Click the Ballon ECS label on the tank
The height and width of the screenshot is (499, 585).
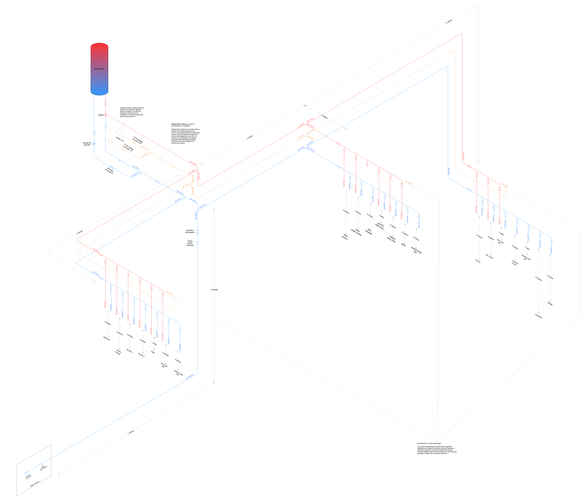pos(99,69)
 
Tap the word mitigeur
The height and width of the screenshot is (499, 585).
pos(101,115)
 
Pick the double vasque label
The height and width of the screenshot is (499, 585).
pos(118,352)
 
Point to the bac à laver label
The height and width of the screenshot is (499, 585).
pos(490,256)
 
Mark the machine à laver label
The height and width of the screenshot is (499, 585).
pos(515,263)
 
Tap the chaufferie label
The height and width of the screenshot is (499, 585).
pos(538,316)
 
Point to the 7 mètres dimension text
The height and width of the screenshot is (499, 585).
pos(130,432)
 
